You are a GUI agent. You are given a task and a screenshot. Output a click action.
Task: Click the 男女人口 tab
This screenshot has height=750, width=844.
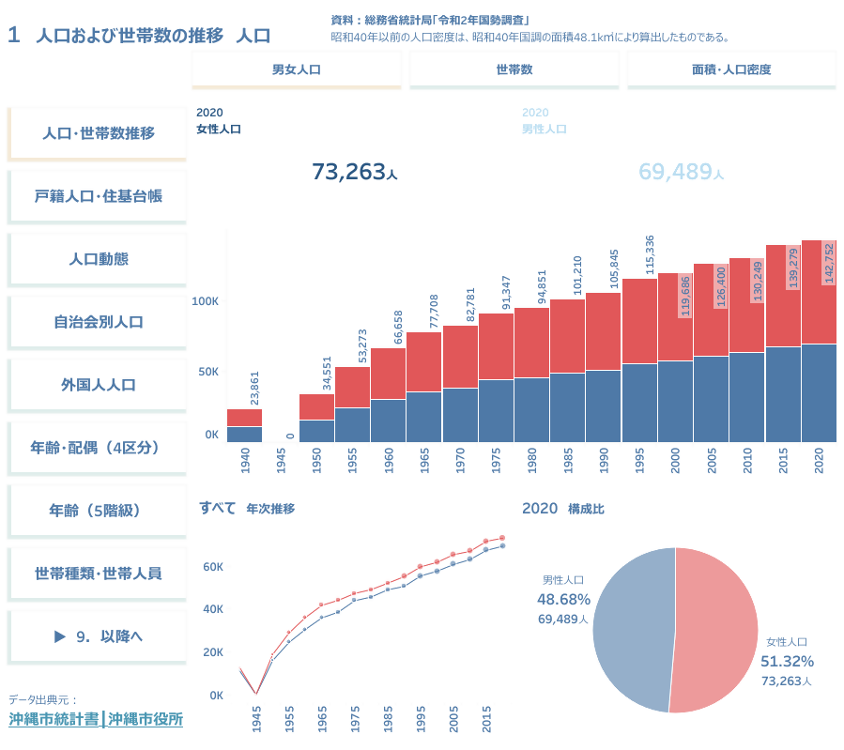tap(296, 69)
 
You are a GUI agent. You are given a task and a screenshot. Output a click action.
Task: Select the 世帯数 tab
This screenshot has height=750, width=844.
tap(514, 69)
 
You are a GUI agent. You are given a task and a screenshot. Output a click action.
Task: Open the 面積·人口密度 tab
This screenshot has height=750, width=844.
tap(731, 69)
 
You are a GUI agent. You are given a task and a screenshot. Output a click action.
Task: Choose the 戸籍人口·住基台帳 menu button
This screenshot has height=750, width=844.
tap(98, 196)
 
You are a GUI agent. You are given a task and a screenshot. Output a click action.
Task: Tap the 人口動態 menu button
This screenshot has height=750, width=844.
tap(98, 259)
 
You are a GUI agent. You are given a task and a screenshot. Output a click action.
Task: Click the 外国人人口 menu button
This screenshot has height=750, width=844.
tap(98, 385)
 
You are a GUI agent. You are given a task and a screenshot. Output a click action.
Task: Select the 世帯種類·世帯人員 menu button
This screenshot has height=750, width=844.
tap(98, 573)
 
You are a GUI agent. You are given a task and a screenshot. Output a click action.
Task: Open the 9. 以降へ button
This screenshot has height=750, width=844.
tap(98, 635)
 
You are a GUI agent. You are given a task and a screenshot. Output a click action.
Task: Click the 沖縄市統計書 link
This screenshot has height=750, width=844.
tap(54, 720)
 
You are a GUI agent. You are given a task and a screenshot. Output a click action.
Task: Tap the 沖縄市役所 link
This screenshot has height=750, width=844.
tap(146, 720)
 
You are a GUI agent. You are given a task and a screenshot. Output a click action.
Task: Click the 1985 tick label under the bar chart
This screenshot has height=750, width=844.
tap(566, 462)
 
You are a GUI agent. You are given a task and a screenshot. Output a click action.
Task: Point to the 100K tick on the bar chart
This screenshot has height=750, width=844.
tap(205, 300)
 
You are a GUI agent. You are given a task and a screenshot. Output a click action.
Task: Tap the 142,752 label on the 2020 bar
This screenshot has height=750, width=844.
tap(828, 267)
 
